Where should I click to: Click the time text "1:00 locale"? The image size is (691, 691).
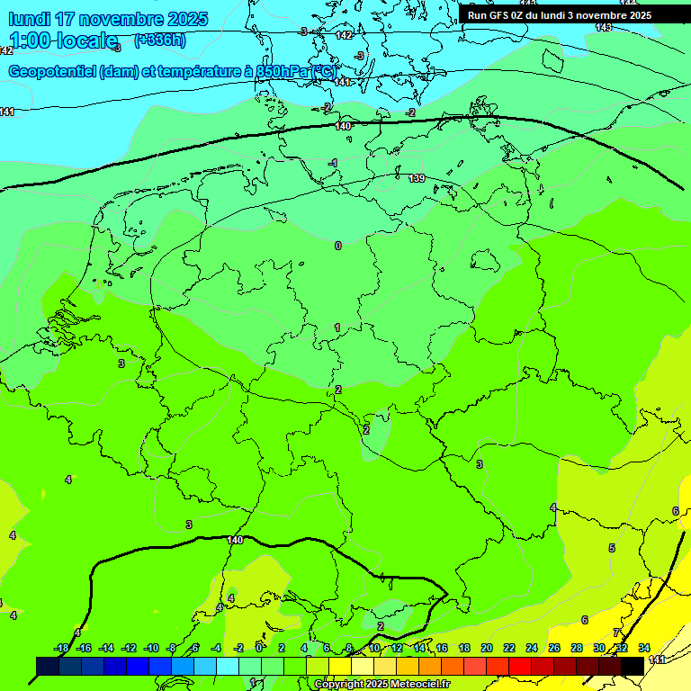tap(63, 40)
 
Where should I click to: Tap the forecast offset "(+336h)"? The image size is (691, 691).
tap(160, 40)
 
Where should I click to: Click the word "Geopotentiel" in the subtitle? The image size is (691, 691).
tap(52, 71)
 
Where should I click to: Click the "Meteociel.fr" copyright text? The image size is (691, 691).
tap(415, 684)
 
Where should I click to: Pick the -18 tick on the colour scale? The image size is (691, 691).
tap(62, 648)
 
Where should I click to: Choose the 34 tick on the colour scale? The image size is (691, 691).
tap(644, 648)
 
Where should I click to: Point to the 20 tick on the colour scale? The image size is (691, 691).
tap(487, 648)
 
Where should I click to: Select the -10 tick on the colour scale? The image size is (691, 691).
tap(151, 648)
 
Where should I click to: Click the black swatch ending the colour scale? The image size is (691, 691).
tap(633, 666)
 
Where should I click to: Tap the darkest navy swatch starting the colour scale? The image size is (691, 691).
tap(48, 666)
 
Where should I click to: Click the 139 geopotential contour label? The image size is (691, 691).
tap(417, 178)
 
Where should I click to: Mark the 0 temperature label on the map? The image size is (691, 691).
tap(338, 246)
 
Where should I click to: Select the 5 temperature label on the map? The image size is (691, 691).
tap(612, 548)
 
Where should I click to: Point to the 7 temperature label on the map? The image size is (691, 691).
tap(616, 633)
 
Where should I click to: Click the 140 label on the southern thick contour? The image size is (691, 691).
tap(235, 540)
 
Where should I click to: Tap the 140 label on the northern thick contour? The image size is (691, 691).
tap(343, 126)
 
